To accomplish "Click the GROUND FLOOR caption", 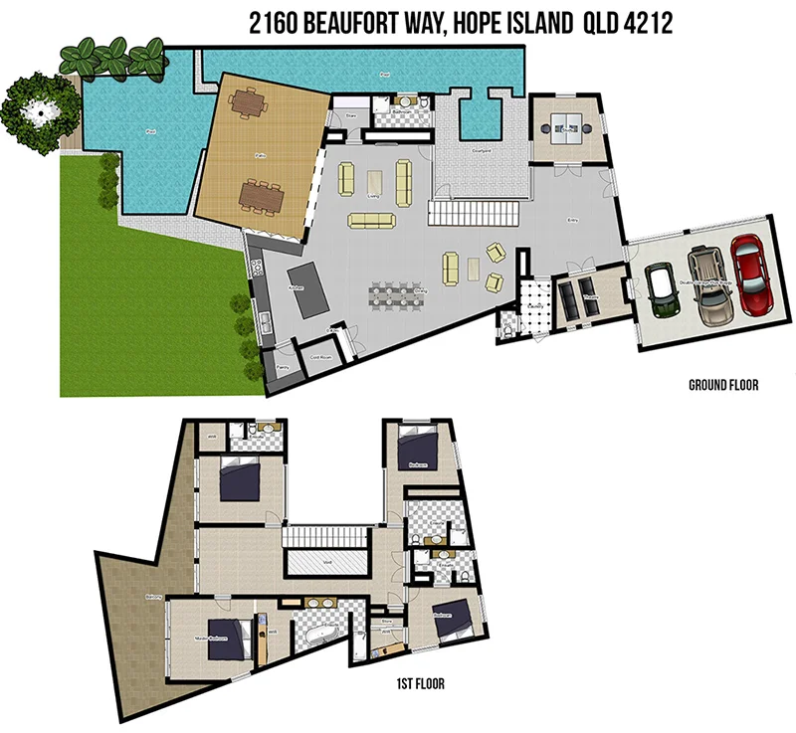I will tap(723, 385).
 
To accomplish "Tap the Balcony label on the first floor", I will tap(153, 597).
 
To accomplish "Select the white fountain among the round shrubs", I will tap(37, 112).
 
